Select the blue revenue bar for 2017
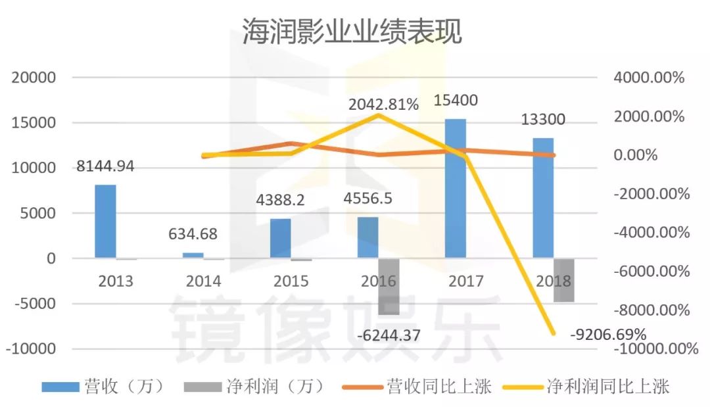pyautogui.click(x=456, y=188)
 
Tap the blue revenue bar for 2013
pyautogui.click(x=105, y=221)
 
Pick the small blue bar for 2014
pyautogui.click(x=193, y=255)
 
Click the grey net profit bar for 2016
pyautogui.click(x=389, y=286)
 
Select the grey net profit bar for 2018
pyautogui.click(x=563, y=280)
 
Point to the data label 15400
pyautogui.click(x=456, y=101)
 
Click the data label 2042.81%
pyautogui.click(x=384, y=104)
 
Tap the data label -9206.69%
pyautogui.click(x=609, y=334)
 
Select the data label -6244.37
pyautogui.click(x=389, y=335)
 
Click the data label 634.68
pyautogui.click(x=193, y=234)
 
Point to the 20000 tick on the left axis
pyautogui.click(x=33, y=78)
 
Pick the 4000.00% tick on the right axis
pyautogui.click(x=649, y=78)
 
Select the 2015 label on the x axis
pyautogui.click(x=291, y=281)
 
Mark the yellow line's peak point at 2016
pyautogui.click(x=379, y=116)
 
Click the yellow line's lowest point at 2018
pyautogui.click(x=554, y=333)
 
